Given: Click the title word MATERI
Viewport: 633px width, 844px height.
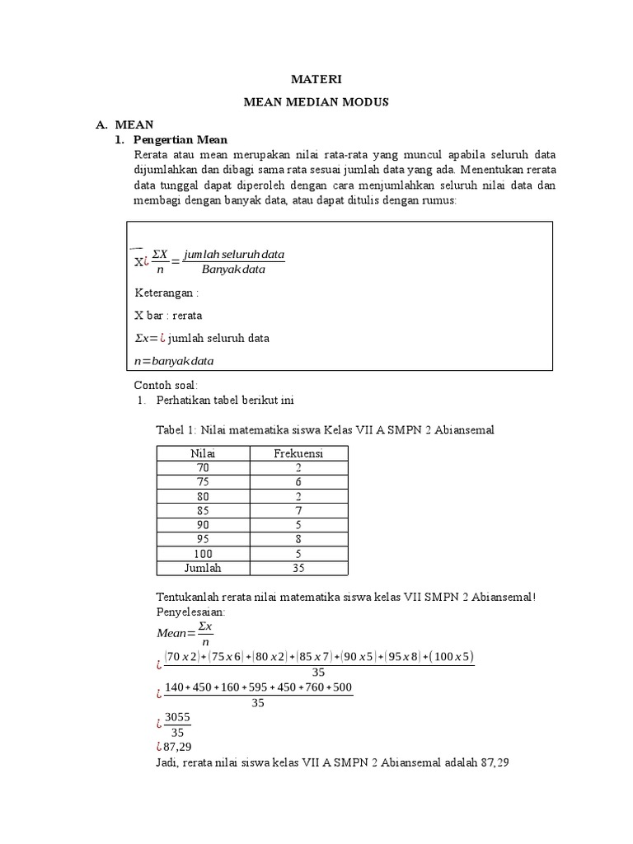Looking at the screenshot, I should (x=316, y=80).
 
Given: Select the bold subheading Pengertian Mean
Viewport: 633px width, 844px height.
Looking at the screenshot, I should (x=180, y=139).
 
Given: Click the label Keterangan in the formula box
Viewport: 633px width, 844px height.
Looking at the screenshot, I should (x=166, y=293).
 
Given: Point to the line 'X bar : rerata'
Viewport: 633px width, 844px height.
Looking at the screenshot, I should (x=167, y=315).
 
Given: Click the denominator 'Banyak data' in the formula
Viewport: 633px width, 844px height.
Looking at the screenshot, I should (x=233, y=270).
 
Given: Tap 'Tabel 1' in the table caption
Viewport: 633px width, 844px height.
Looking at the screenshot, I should (x=177, y=429).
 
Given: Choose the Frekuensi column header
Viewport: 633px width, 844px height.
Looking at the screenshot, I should (x=298, y=453).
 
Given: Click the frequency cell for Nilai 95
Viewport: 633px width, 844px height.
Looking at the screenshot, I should (x=298, y=539).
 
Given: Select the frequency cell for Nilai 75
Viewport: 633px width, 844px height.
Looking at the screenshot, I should (x=298, y=482).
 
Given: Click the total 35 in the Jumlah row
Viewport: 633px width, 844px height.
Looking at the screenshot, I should (x=298, y=568).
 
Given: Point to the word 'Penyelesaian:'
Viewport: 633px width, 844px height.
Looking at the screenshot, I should (x=189, y=612).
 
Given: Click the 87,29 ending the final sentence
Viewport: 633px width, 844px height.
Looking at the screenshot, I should (x=494, y=762).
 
